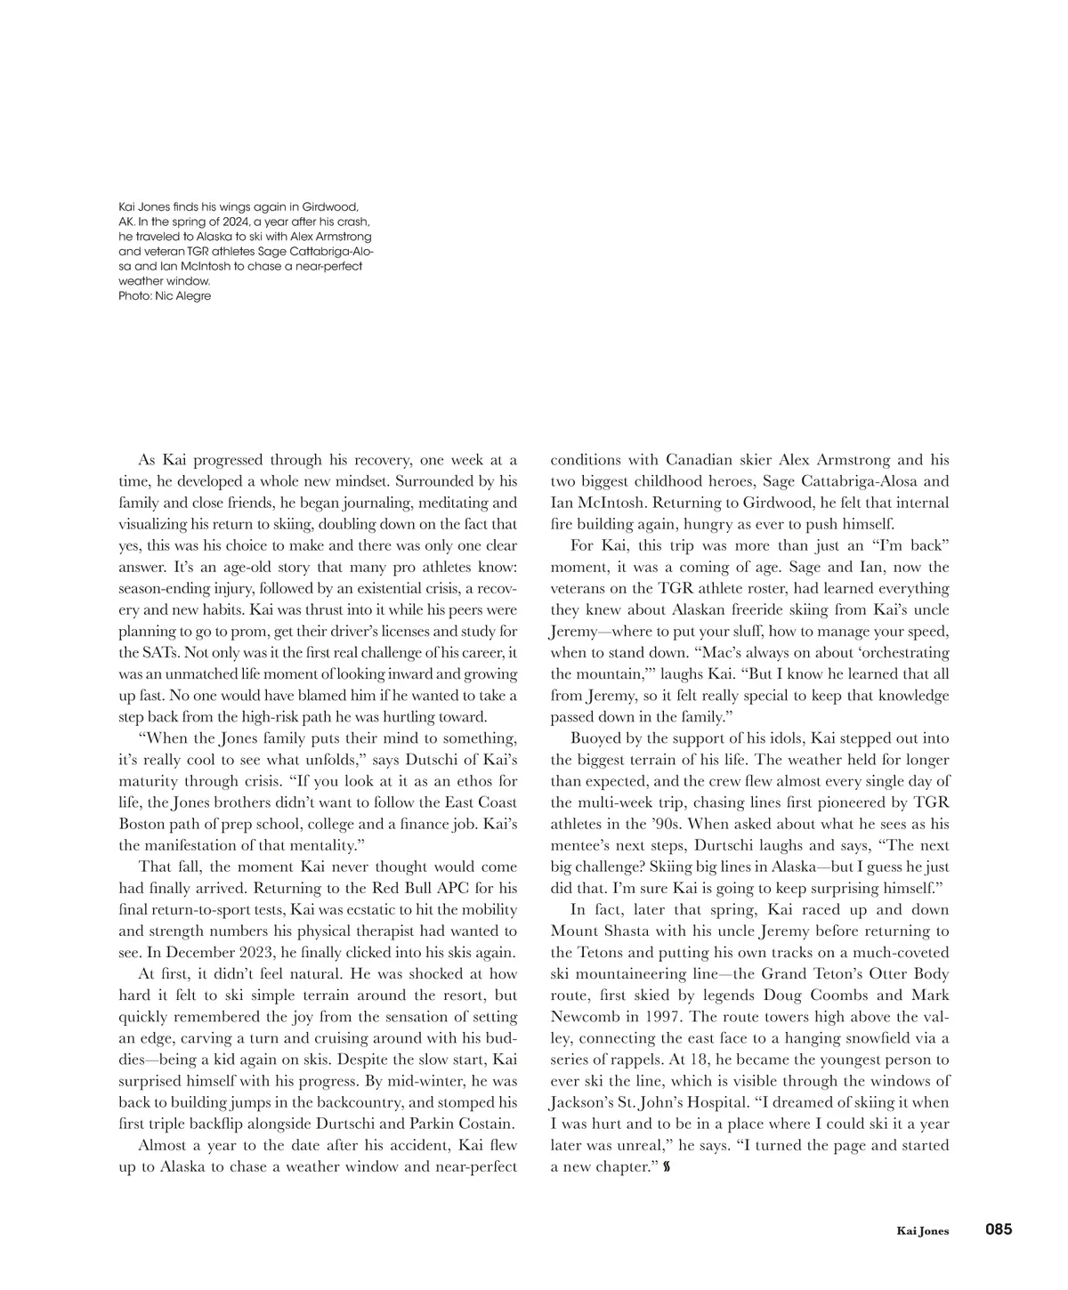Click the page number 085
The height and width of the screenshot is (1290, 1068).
tap(998, 1230)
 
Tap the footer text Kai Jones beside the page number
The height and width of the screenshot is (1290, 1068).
tap(922, 1231)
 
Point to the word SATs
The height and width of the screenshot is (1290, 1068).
tap(141, 652)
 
